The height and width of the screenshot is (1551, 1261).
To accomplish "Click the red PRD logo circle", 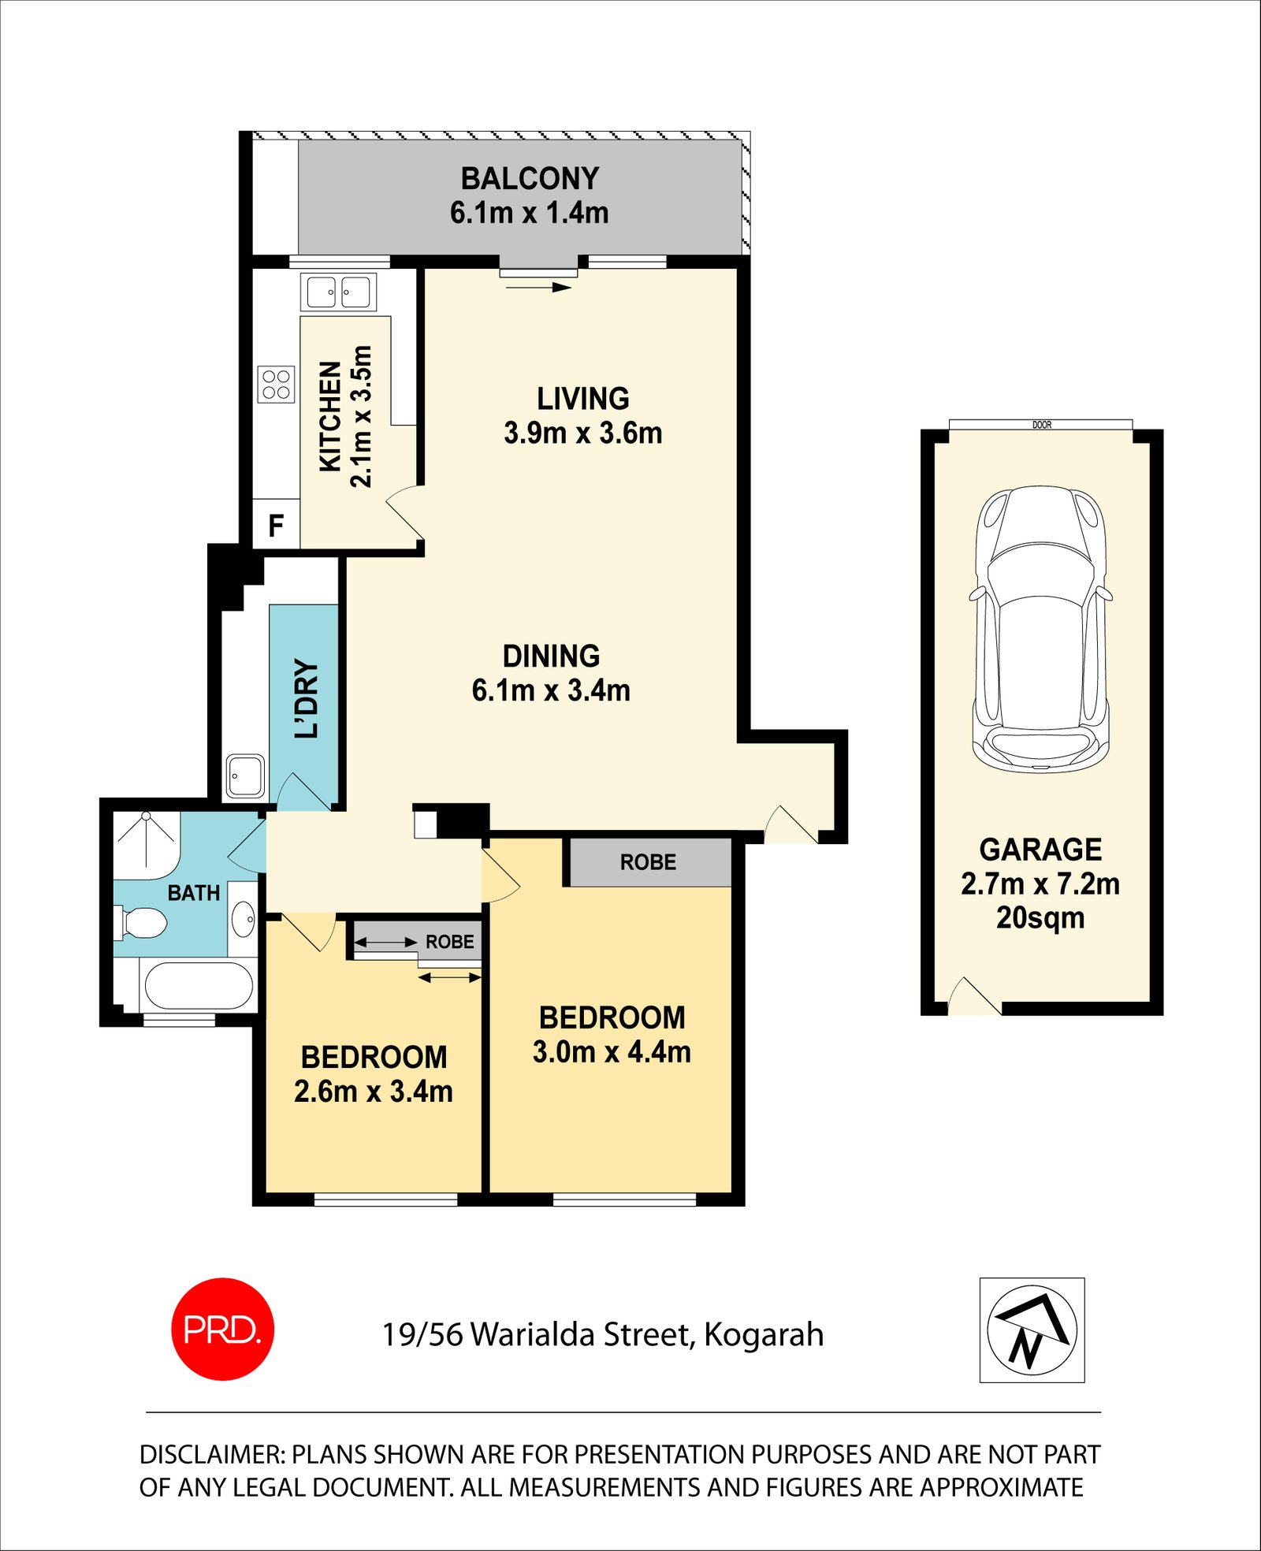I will pyautogui.click(x=222, y=1329).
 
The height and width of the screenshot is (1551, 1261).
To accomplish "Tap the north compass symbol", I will pyautogui.click(x=1032, y=1330).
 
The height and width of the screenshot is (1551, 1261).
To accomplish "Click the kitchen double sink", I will pyautogui.click(x=338, y=292).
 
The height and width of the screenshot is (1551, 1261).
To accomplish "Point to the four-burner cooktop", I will pyautogui.click(x=276, y=385).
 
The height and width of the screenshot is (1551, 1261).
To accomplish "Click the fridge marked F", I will pyautogui.click(x=276, y=525).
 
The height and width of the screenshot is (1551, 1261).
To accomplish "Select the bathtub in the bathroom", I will pyautogui.click(x=198, y=985).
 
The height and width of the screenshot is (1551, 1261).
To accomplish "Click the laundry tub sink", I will pyautogui.click(x=245, y=776).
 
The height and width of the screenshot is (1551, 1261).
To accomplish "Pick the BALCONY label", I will pyautogui.click(x=530, y=179).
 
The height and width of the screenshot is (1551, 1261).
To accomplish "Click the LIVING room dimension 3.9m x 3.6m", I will pyautogui.click(x=582, y=433).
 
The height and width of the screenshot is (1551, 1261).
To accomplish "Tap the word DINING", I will pyautogui.click(x=551, y=656).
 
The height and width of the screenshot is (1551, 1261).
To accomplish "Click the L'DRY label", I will pyautogui.click(x=307, y=698).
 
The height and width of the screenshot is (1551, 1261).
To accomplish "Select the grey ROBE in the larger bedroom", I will pyautogui.click(x=648, y=862).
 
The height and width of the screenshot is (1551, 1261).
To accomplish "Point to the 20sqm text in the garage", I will pyautogui.click(x=1040, y=918).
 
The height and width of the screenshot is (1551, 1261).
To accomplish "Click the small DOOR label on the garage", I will pyautogui.click(x=1042, y=425).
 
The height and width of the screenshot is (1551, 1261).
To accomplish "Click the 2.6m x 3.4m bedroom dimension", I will pyautogui.click(x=374, y=1092).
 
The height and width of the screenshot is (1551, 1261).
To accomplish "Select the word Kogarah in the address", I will pyautogui.click(x=764, y=1335).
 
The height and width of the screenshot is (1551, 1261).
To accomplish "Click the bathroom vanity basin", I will pyautogui.click(x=244, y=918).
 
